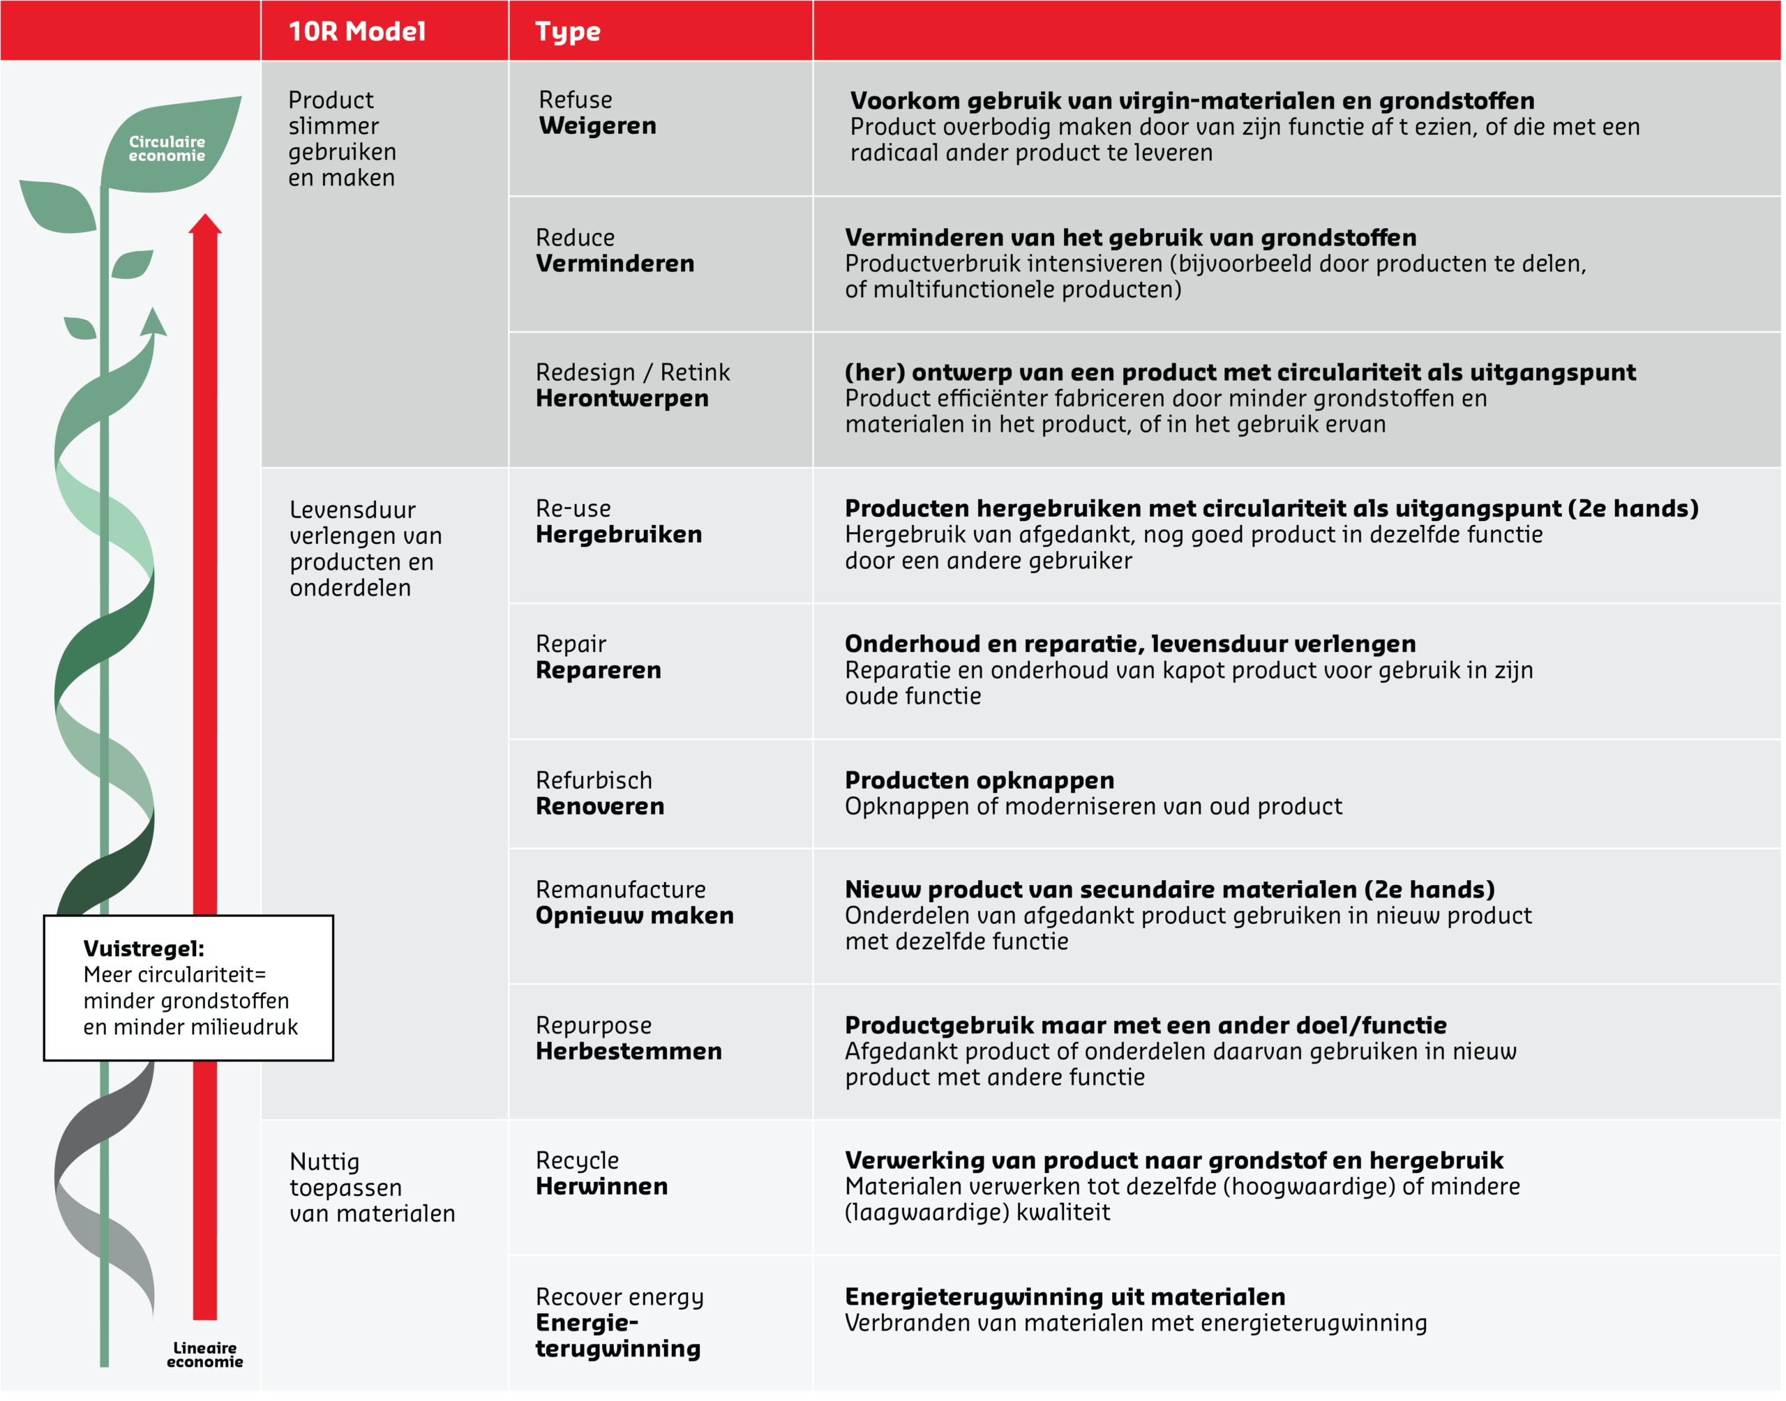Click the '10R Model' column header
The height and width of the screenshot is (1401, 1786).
click(x=357, y=31)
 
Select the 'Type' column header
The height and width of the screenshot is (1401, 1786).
click(x=568, y=31)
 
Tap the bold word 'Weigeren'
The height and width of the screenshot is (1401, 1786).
click(x=597, y=126)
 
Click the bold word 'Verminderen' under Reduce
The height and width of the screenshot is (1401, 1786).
click(x=615, y=264)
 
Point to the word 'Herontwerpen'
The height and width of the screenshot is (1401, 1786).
click(x=622, y=399)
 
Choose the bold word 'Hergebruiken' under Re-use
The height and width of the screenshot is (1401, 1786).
click(x=619, y=535)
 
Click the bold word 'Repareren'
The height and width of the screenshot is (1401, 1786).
click(x=598, y=670)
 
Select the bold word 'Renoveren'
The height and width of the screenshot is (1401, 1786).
click(x=600, y=806)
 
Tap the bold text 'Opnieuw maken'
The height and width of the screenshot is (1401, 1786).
click(x=634, y=916)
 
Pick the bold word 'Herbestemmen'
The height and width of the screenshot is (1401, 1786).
click(x=629, y=1051)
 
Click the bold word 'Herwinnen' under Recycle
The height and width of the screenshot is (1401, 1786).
click(x=601, y=1186)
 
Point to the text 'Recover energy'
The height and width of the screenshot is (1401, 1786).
click(x=620, y=1297)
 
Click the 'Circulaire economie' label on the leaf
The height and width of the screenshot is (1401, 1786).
click(x=167, y=149)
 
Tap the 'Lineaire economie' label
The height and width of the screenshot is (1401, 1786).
click(x=204, y=1354)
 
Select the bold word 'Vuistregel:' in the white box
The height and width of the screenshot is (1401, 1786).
click(x=144, y=948)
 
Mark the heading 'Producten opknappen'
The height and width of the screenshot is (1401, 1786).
click(x=979, y=780)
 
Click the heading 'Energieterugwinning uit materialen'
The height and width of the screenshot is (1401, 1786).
click(x=1064, y=1297)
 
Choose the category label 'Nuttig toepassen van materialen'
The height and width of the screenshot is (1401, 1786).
click(x=372, y=1187)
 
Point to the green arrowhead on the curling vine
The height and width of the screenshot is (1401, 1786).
click(x=153, y=322)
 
